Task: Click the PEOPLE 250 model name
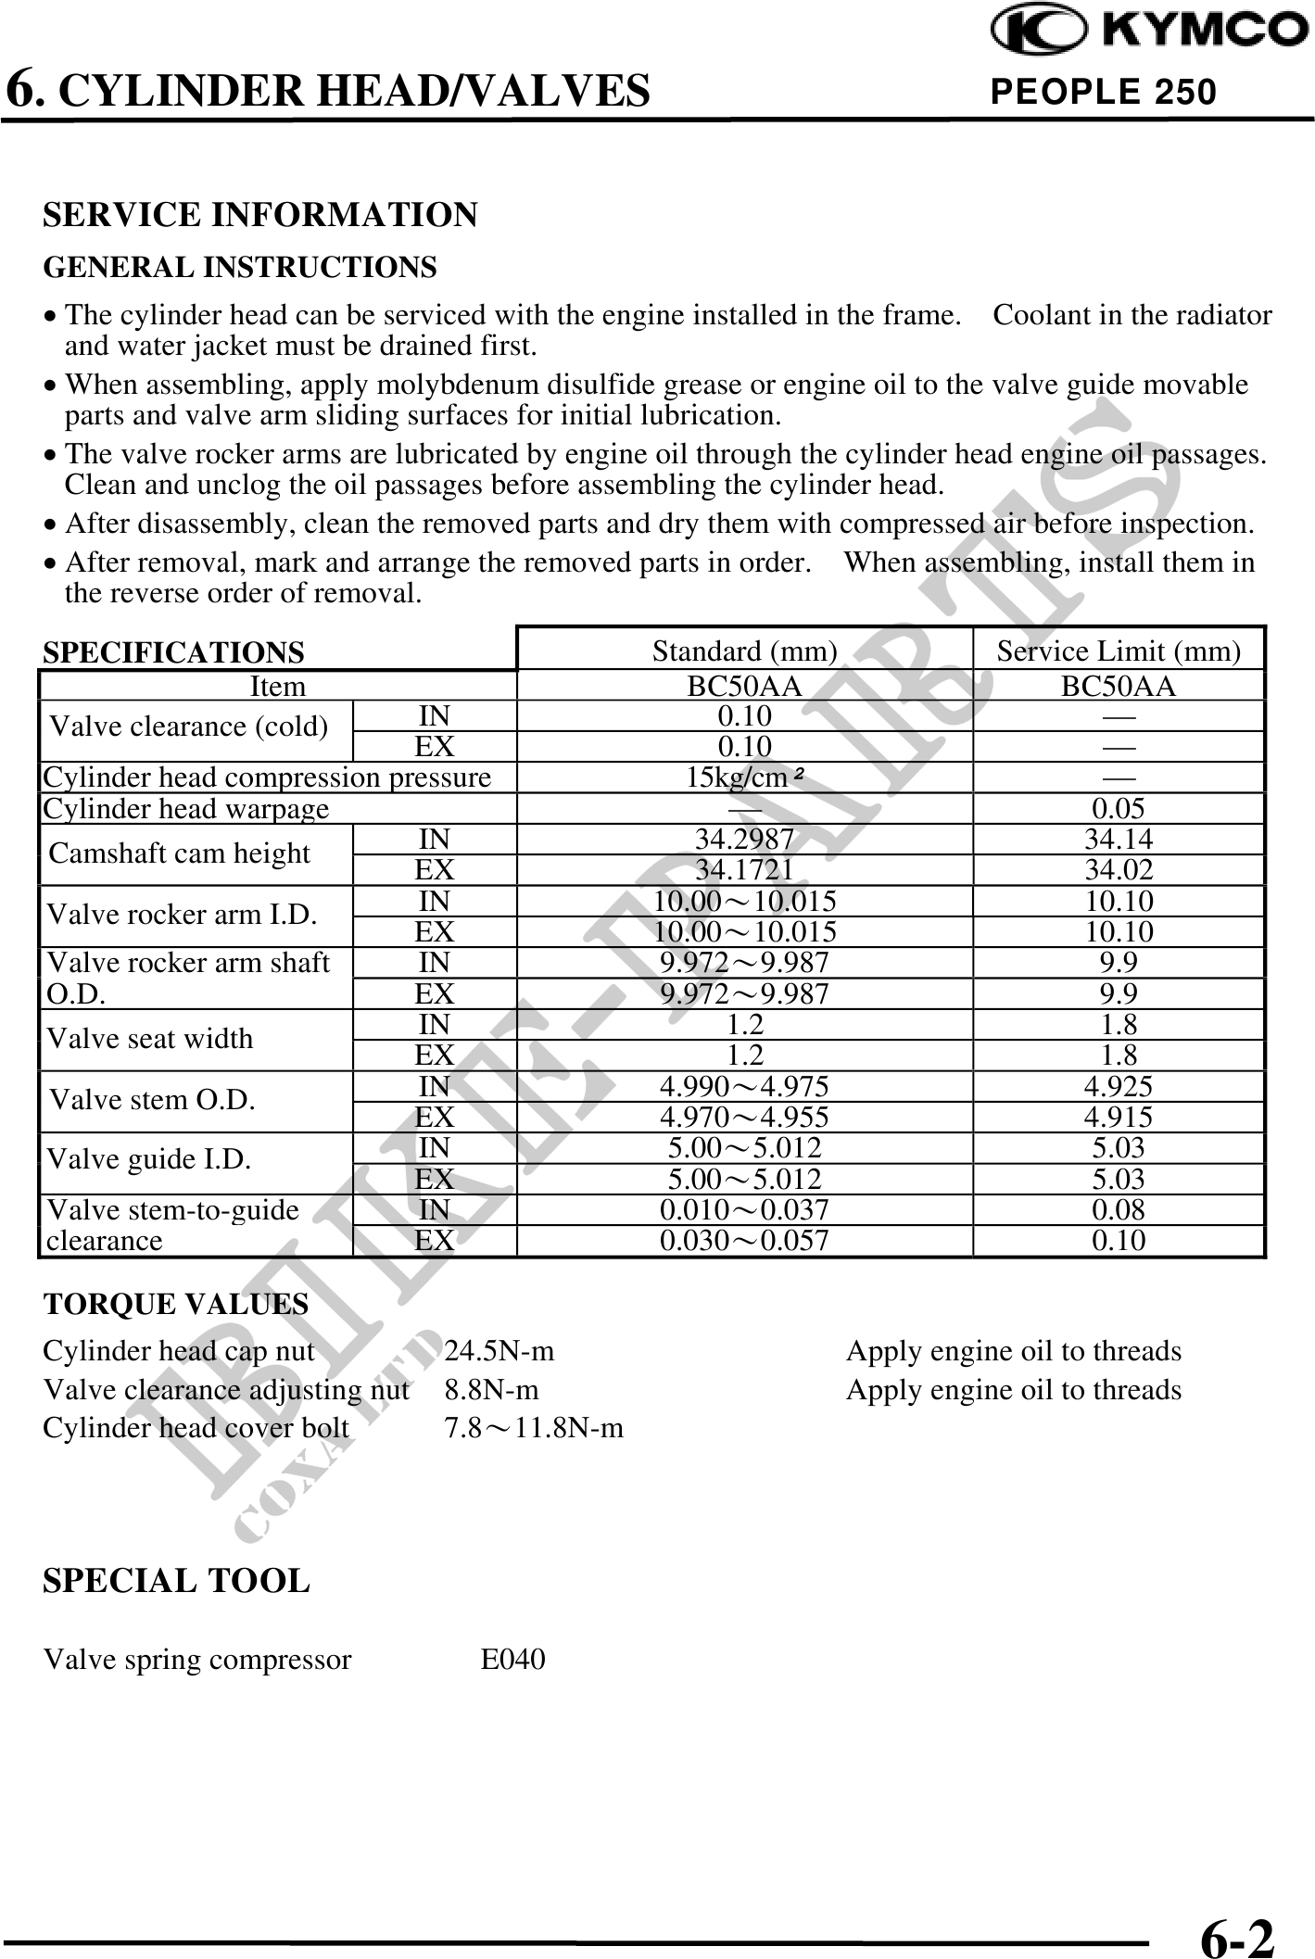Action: pos(1103,92)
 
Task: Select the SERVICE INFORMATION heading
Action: pos(260,215)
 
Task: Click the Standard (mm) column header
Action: pos(744,651)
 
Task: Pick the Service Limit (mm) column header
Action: pos(1119,651)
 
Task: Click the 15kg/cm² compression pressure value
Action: pos(744,777)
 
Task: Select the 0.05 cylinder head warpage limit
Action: pos(1119,809)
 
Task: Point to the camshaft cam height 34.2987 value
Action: pos(744,840)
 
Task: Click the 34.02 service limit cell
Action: pos(1119,870)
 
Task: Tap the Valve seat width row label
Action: pos(150,1039)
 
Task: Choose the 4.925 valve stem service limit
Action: pos(1119,1086)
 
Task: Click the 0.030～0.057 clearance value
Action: pos(744,1241)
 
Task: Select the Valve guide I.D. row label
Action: pos(149,1159)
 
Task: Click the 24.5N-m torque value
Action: pos(499,1351)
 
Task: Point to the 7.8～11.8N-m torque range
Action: pos(534,1428)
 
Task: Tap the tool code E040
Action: pos(512,1659)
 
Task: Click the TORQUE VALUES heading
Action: pos(176,1304)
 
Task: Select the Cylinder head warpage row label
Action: pos(186,809)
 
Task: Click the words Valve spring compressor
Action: pos(197,1659)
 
